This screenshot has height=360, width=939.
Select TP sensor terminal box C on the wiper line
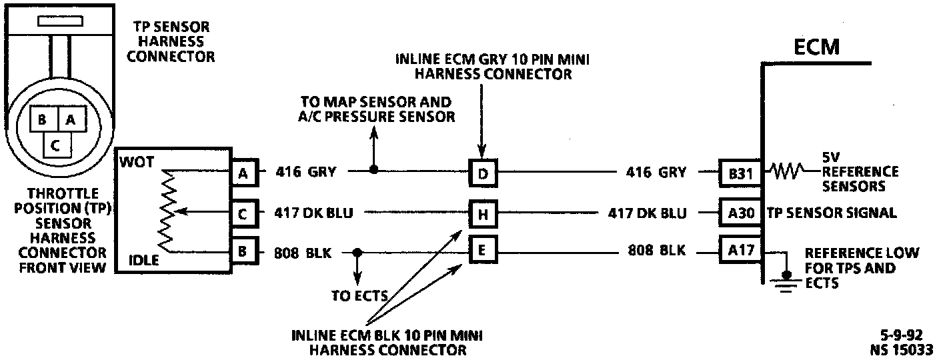pos(243,213)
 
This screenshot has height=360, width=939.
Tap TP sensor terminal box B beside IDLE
pos(243,253)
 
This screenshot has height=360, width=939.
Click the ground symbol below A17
pos(786,280)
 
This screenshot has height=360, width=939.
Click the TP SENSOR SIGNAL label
pos(831,213)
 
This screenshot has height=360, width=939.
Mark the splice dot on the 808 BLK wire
pos(357,253)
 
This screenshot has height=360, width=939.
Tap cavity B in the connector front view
pos(41,121)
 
